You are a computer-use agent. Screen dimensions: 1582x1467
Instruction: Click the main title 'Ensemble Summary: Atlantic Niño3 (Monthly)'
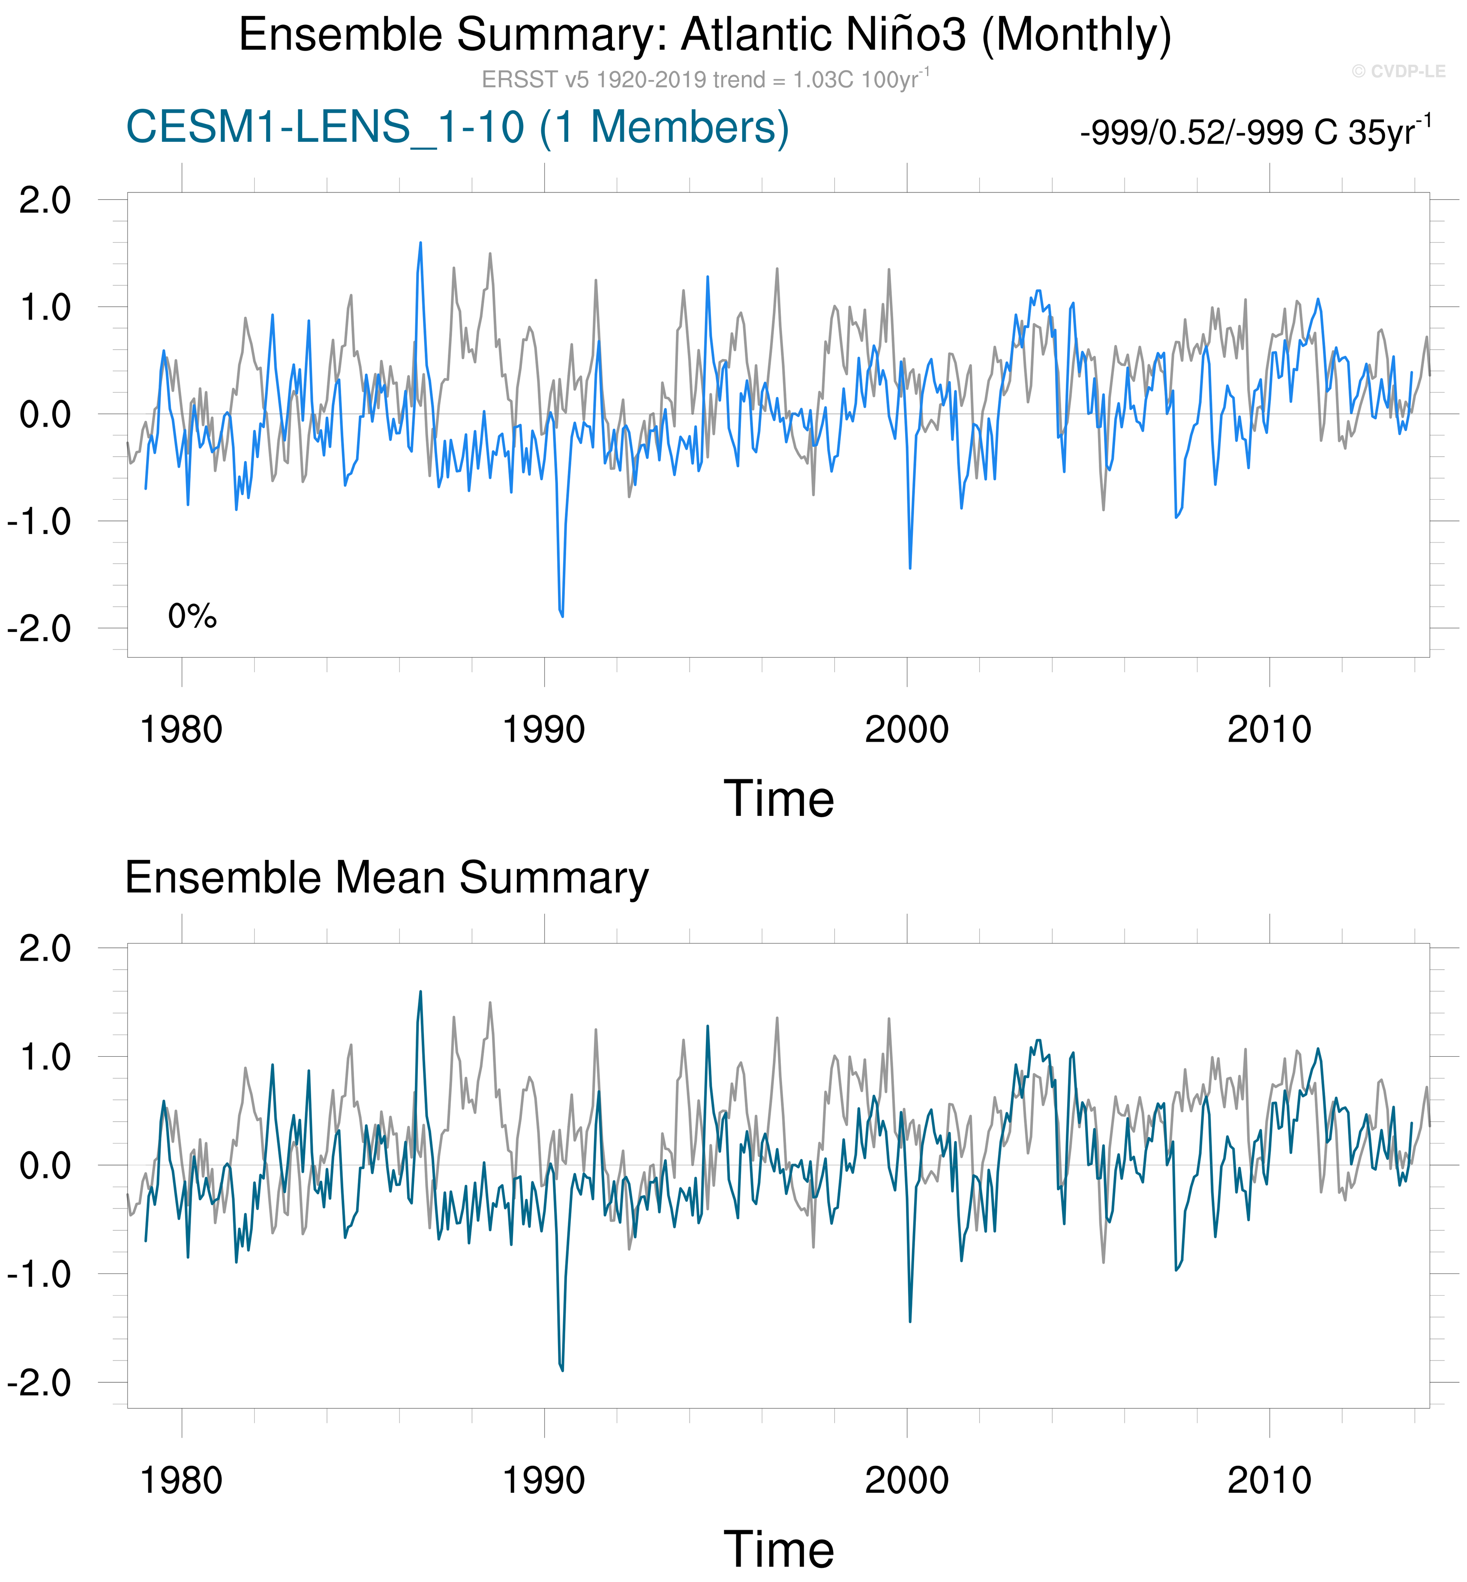[x=705, y=35]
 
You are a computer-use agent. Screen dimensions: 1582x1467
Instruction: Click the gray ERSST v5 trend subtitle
[x=705, y=79]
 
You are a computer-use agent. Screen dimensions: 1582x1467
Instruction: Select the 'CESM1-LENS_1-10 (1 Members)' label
[x=457, y=127]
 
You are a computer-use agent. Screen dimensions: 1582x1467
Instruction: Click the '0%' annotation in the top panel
[x=192, y=616]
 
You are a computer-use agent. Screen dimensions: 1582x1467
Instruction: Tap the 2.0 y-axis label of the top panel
[x=45, y=200]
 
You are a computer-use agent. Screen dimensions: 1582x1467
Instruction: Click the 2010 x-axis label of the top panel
[x=1269, y=729]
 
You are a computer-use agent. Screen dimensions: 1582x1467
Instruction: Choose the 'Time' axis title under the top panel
[x=779, y=799]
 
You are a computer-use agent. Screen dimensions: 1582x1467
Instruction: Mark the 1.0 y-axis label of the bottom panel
[x=45, y=1057]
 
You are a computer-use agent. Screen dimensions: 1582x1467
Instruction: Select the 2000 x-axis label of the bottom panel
[x=906, y=1480]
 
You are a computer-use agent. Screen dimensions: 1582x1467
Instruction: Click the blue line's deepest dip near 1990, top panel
[x=562, y=616]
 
